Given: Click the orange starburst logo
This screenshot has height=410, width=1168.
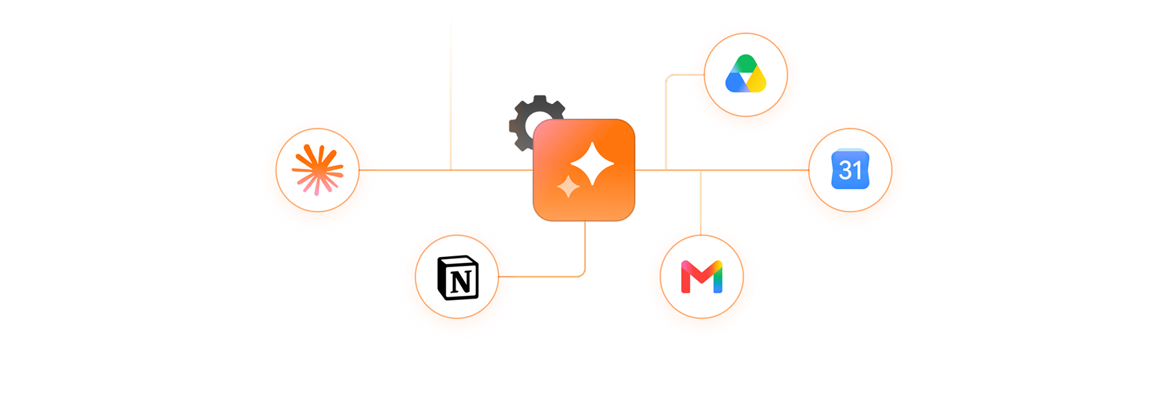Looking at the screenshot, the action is pyautogui.click(x=318, y=170).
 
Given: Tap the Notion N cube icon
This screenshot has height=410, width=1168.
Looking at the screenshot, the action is pyautogui.click(x=458, y=277).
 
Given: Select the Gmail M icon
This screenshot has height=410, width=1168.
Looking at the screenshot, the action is pyautogui.click(x=702, y=277).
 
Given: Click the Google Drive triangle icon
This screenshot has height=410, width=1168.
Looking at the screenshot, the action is pyautogui.click(x=746, y=74).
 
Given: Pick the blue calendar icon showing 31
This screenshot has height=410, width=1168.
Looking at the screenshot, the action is pyautogui.click(x=850, y=169).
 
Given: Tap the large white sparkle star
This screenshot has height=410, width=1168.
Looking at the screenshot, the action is pyautogui.click(x=592, y=163).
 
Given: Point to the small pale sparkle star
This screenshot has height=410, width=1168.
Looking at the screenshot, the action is pyautogui.click(x=568, y=187).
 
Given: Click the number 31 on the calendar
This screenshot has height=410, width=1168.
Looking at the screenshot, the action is pyautogui.click(x=850, y=171).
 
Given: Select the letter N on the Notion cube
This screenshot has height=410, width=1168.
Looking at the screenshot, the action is pyautogui.click(x=461, y=282).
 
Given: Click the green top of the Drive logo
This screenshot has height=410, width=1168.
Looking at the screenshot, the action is pyautogui.click(x=746, y=63).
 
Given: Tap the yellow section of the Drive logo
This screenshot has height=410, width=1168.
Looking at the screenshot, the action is pyautogui.click(x=757, y=82).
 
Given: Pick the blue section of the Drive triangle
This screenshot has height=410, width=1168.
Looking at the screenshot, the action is pyautogui.click(x=735, y=83).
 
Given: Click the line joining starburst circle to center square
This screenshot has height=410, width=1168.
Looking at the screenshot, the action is pyautogui.click(x=446, y=170).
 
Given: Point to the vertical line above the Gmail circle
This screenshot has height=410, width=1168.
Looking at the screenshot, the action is pyautogui.click(x=701, y=202).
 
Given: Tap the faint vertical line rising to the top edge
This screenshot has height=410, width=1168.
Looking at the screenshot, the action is pyautogui.click(x=451, y=93).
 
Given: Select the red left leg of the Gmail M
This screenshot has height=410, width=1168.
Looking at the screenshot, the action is pyautogui.click(x=686, y=279).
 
